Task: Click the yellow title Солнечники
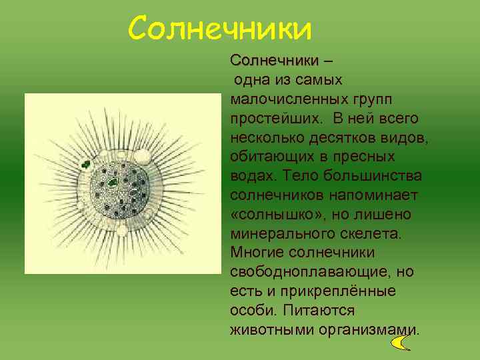(x=220, y=28)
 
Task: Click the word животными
(x=268, y=330)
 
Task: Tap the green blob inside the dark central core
(x=113, y=182)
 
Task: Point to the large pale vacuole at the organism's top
(x=142, y=157)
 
